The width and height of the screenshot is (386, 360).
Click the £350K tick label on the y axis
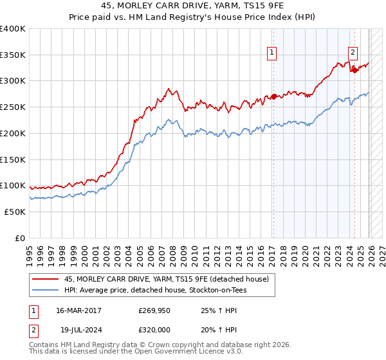coord(13,55)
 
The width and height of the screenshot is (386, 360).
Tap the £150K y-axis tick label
coord(13,159)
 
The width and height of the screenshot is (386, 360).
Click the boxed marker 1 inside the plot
coord(272,53)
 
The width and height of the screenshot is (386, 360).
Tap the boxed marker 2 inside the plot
coord(353,53)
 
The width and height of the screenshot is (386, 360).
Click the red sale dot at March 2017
coord(273,97)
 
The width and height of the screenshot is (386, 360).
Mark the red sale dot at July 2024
coord(354,71)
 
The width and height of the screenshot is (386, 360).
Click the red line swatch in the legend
coord(46,279)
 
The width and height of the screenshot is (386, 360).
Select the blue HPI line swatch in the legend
coord(46,290)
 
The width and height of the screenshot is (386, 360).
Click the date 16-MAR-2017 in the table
coord(78,310)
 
